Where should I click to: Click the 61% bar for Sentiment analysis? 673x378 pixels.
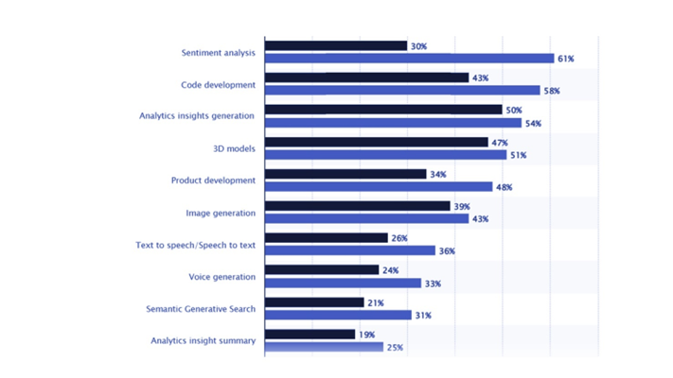tap(409, 59)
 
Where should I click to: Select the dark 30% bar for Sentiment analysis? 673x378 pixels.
tap(336, 45)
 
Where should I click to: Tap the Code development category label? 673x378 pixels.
tap(218, 85)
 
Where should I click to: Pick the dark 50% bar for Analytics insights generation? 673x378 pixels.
tap(383, 110)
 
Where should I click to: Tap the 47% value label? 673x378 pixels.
tap(499, 142)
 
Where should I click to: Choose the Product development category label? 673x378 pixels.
tap(213, 180)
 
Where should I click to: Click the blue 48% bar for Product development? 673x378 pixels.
tap(379, 187)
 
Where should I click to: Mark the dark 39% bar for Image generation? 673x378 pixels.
tap(357, 206)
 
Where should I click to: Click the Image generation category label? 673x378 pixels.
tap(220, 213)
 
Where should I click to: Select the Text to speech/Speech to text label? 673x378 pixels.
tap(196, 245)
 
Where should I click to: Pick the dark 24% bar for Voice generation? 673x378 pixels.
tap(322, 270)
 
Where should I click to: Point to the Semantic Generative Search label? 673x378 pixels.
tap(200, 309)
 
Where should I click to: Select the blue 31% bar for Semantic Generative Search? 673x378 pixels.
tap(338, 315)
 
